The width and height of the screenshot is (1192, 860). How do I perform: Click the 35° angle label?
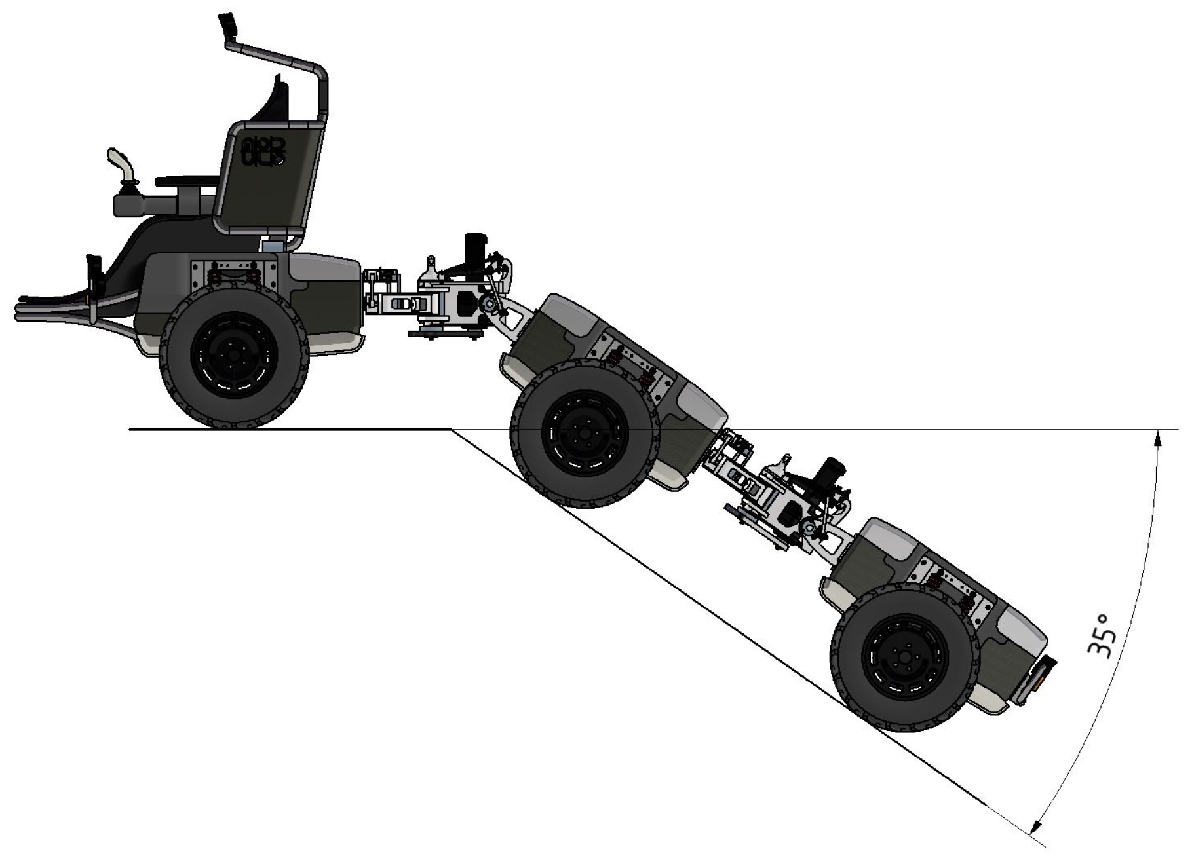pyautogui.click(x=1099, y=636)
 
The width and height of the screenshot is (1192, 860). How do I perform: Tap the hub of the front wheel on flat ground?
pyautogui.click(x=233, y=356)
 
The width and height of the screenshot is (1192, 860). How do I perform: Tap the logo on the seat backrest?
pyautogui.click(x=263, y=150)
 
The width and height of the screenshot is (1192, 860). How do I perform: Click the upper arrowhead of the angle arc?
pyautogui.click(x=1158, y=437)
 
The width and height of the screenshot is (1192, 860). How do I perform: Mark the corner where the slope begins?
pyautogui.click(x=452, y=430)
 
